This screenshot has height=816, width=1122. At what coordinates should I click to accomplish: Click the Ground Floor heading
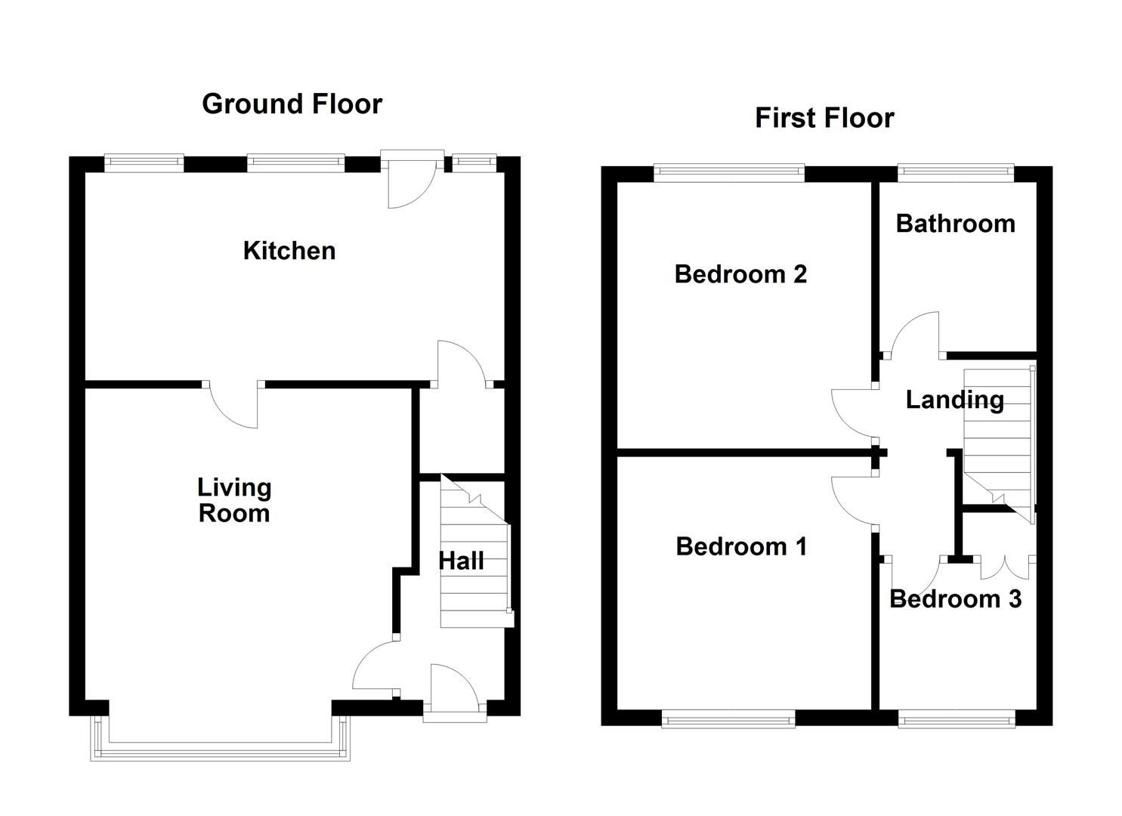292,104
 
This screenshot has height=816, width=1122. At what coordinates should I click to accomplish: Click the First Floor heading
824,118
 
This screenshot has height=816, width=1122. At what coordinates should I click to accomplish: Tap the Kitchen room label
289,251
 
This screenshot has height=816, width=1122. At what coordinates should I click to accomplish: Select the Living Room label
234,500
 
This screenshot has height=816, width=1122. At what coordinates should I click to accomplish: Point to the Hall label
461,561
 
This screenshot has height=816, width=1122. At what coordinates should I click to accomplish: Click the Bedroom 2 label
740,274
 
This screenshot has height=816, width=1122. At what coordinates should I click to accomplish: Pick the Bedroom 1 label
741,546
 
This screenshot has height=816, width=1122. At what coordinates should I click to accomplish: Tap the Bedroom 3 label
955,599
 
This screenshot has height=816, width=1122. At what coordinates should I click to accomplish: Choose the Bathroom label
955,224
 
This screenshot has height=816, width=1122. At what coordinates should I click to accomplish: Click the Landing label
954,400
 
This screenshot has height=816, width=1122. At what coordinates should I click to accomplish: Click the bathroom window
956,174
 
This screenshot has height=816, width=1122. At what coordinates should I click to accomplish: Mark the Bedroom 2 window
729,174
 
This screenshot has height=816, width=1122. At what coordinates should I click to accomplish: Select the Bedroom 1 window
728,719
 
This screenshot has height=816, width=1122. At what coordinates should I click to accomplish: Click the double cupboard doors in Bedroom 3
1005,568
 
